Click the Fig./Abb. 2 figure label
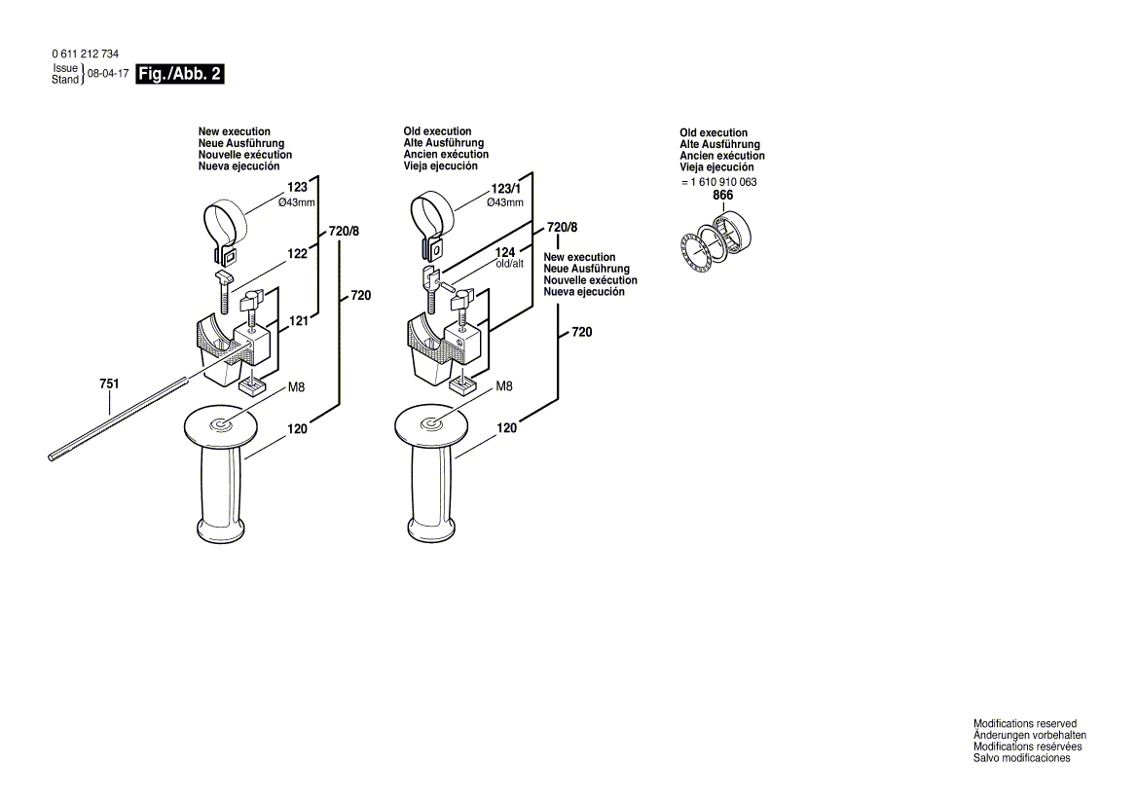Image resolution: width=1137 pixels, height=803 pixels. tap(180, 75)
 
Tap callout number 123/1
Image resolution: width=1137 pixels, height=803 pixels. tap(505, 189)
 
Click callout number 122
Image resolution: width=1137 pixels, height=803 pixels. tap(297, 253)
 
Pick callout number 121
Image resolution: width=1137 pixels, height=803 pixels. tap(298, 320)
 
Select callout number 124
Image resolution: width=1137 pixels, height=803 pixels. tap(504, 252)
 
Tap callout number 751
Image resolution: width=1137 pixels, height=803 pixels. tap(109, 384)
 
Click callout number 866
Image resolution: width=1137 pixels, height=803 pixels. tap(722, 196)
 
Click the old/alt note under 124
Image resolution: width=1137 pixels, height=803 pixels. tap(509, 264)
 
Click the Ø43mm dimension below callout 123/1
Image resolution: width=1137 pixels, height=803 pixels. tap(505, 202)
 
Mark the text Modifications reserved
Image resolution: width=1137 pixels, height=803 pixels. tap(1025, 724)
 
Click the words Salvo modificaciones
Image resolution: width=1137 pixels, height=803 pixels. tap(1021, 758)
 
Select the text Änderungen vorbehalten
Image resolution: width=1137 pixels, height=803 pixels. tap(1030, 736)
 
